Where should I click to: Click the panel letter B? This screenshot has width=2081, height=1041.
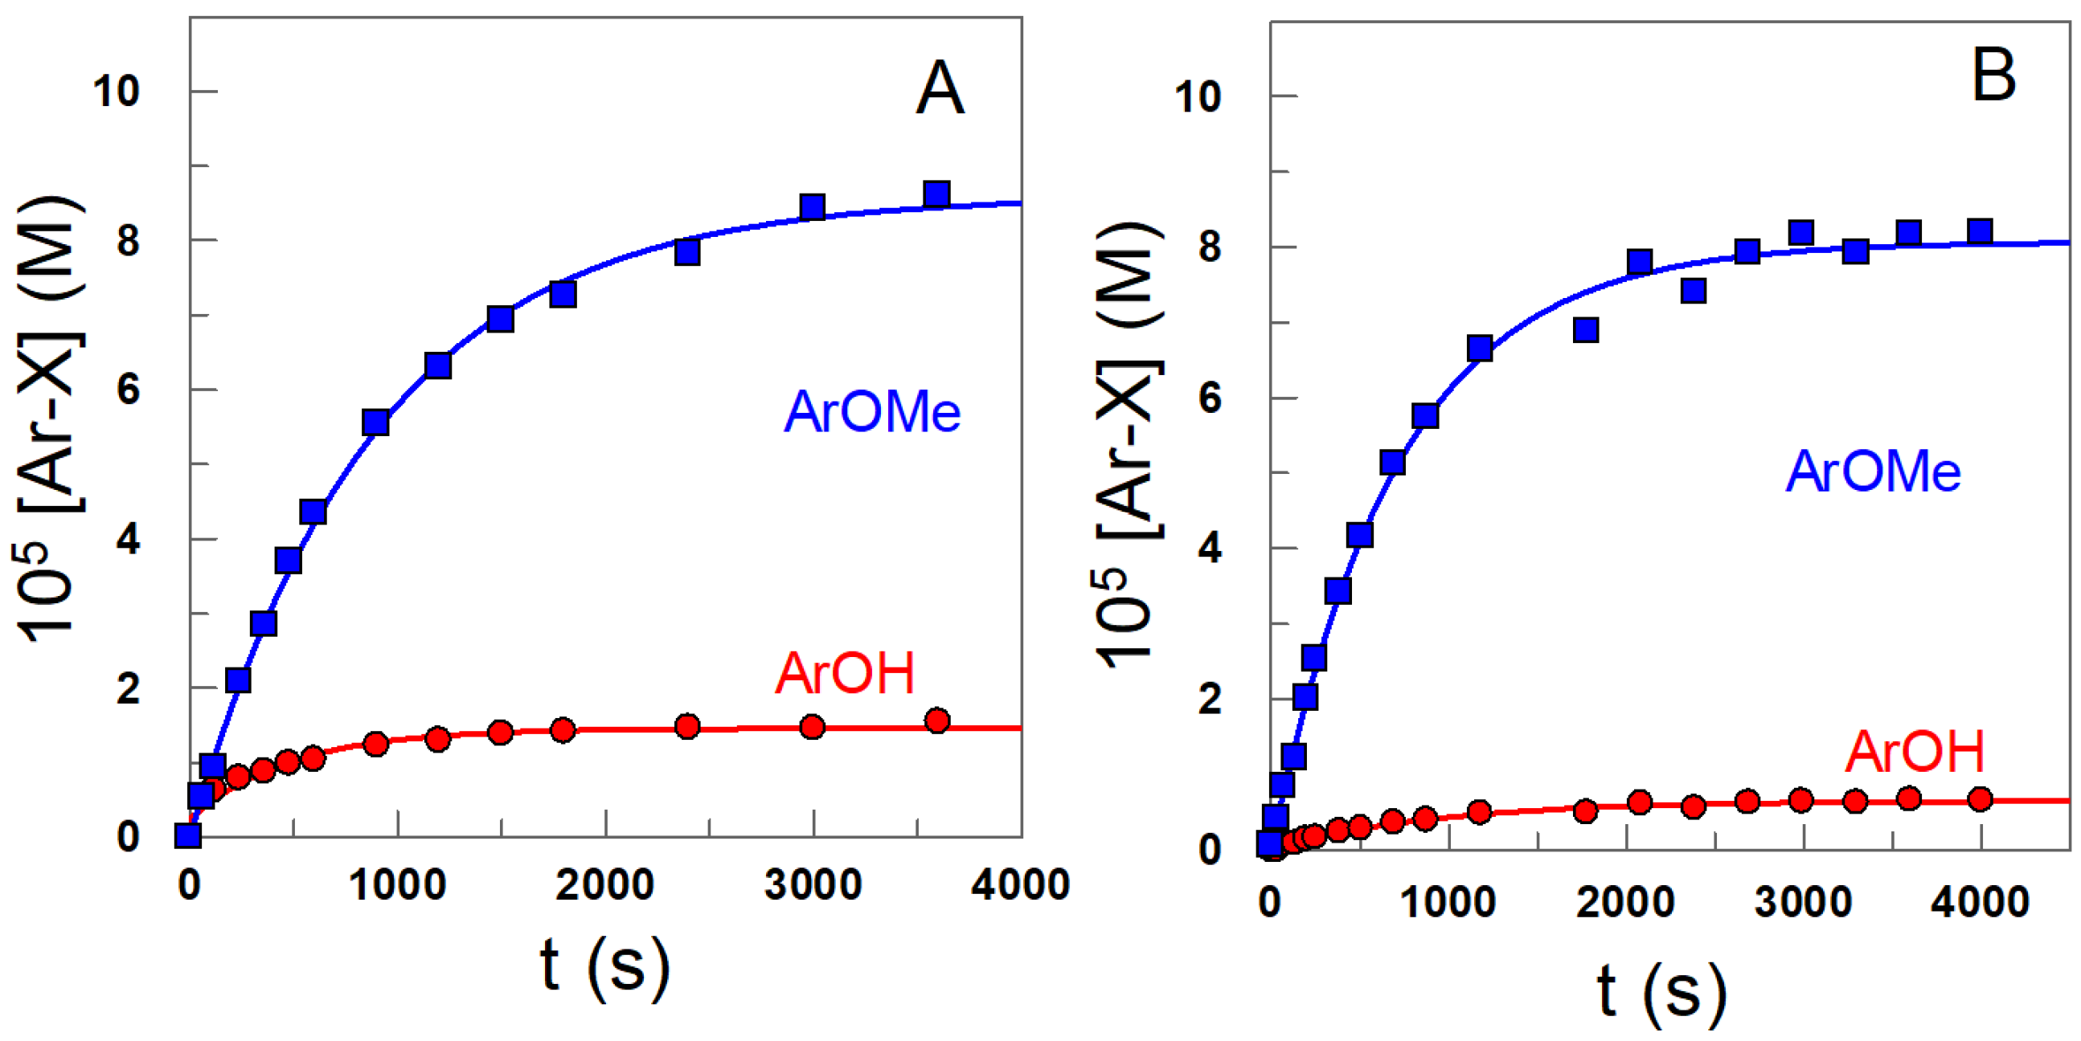[x=1993, y=76]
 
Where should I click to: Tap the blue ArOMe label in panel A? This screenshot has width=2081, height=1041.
[x=871, y=412]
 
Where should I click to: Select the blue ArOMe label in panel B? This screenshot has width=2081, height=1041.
[x=1873, y=471]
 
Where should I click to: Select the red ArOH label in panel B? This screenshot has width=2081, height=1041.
[x=1914, y=752]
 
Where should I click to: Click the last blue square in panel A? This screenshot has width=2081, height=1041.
[x=936, y=194]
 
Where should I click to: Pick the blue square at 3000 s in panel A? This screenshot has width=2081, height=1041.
[x=812, y=206]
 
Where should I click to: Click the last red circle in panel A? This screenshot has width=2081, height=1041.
[x=937, y=721]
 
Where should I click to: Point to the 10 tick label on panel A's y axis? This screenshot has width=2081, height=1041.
[x=116, y=91]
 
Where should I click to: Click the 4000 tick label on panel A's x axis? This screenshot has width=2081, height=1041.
[x=1019, y=884]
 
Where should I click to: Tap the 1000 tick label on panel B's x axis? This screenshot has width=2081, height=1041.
[x=1447, y=901]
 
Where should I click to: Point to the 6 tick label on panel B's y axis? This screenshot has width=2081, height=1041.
[x=1209, y=398]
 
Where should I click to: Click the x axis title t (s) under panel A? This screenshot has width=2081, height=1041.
[x=605, y=967]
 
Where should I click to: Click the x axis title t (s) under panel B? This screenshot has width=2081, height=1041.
[x=1661, y=993]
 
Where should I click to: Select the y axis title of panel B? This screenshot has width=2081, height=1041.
[x=1129, y=444]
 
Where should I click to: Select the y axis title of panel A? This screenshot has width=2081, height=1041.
[x=48, y=420]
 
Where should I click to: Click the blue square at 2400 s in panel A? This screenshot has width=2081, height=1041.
[x=686, y=253]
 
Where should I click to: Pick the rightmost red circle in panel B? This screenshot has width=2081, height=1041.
[x=1979, y=799]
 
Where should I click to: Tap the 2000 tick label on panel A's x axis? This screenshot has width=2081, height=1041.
[x=604, y=884]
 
